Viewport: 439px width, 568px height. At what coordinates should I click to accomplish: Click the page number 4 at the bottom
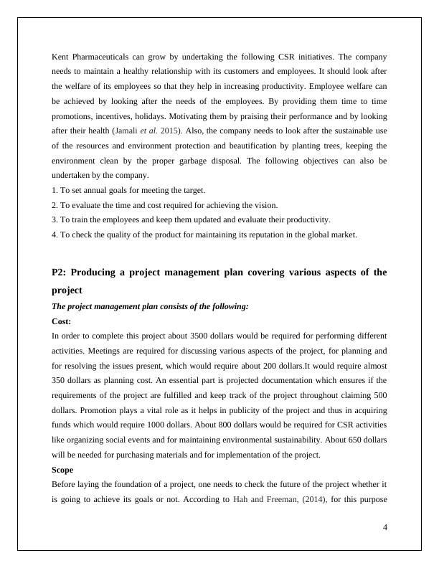coord(385,528)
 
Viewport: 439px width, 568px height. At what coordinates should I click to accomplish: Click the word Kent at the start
coord(60,56)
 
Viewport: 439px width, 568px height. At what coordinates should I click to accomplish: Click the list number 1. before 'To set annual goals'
coord(55,190)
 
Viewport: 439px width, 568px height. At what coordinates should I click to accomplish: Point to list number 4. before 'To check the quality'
coord(55,235)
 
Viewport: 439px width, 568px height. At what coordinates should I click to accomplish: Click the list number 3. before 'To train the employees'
coord(55,220)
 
